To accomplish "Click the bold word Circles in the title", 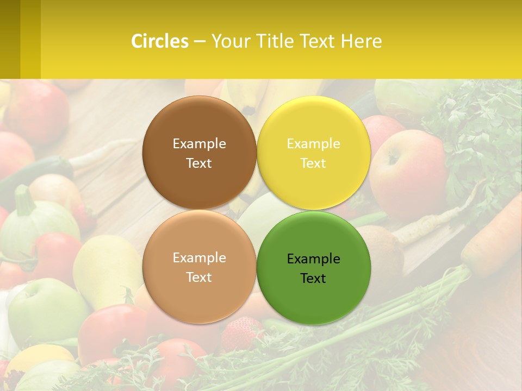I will pyautogui.click(x=160, y=41).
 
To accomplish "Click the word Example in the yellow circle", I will pyautogui.click(x=313, y=143).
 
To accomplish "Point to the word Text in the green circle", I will pyautogui.click(x=313, y=278).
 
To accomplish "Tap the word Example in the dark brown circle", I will pyautogui.click(x=199, y=143).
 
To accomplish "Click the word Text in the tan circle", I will pyautogui.click(x=199, y=277).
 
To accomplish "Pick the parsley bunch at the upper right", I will pyautogui.click(x=478, y=136).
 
